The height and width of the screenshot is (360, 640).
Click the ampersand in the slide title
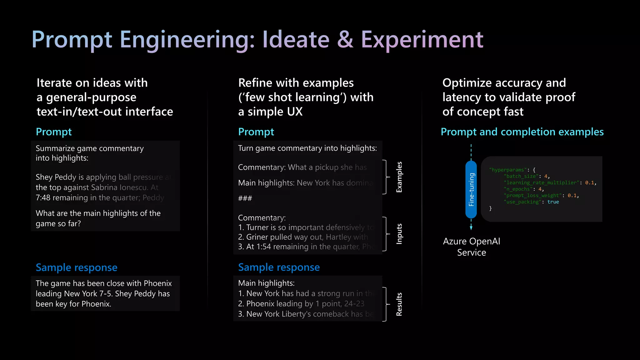345,40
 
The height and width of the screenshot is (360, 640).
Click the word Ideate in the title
296,40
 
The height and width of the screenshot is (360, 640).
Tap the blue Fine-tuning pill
471,189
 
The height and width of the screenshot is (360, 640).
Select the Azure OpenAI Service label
472,247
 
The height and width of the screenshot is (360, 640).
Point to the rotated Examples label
399,177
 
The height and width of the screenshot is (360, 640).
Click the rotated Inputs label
399,234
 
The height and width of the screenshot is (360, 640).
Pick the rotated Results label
399,304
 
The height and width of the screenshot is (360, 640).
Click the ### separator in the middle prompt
245,198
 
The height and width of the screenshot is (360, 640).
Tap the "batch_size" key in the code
521,176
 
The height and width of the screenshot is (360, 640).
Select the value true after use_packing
553,202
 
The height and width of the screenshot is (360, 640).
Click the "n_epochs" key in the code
518,189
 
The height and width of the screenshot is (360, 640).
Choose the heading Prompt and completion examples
522,132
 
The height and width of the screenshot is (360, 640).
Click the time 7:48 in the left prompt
43,198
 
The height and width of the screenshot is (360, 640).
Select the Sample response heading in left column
77,267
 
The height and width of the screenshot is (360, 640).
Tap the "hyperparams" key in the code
508,170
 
